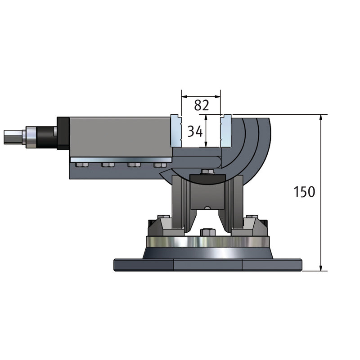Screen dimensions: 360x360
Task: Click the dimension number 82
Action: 202,105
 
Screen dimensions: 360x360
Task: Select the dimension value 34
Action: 195,131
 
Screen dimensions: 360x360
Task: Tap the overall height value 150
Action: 304,192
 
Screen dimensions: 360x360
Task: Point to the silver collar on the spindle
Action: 31,137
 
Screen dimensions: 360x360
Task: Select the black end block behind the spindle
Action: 63,133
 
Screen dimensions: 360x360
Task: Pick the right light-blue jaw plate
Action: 226,131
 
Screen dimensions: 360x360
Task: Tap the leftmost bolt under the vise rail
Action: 82,165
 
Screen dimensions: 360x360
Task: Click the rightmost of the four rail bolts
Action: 160,165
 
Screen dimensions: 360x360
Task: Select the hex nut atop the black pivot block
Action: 207,172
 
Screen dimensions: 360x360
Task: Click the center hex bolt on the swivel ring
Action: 207,232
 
